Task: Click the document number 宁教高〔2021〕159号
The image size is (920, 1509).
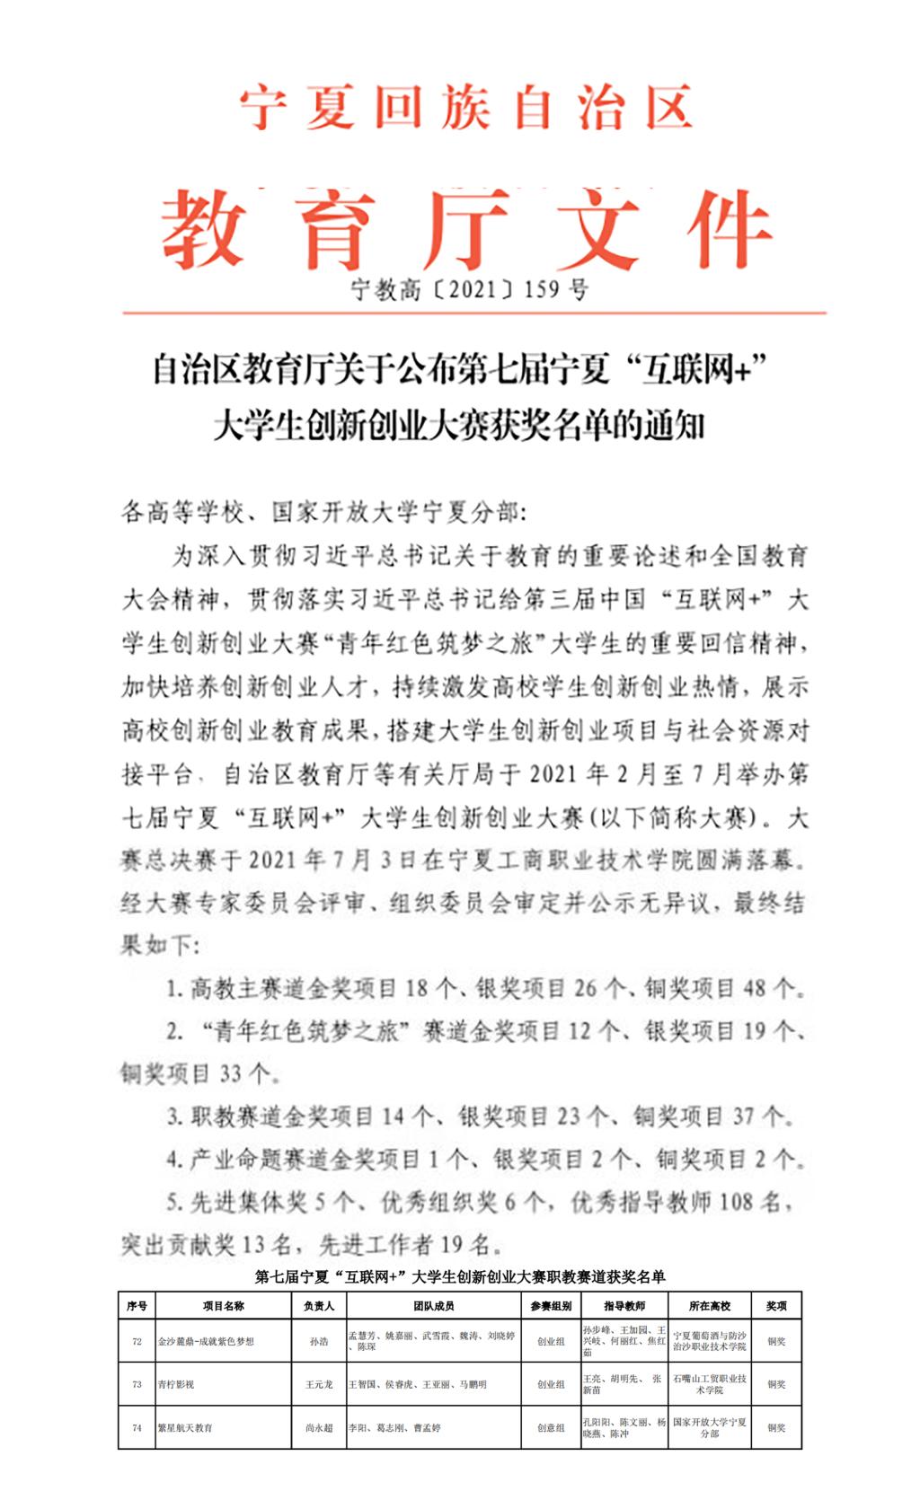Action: point(470,289)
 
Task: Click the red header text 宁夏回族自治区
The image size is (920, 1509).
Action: point(466,110)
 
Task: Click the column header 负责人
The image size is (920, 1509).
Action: point(319,1306)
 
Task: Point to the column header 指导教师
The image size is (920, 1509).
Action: point(624,1306)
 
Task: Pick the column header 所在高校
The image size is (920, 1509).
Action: point(710,1306)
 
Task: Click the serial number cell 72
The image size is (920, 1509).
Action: point(137,1341)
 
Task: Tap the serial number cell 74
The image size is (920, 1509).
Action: point(137,1427)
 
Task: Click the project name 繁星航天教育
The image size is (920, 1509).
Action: point(185,1427)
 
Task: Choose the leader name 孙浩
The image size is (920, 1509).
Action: point(319,1341)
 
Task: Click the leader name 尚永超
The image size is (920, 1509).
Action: point(319,1427)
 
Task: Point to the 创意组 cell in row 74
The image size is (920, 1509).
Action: point(551,1427)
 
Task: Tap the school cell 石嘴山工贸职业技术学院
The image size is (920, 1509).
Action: point(710,1384)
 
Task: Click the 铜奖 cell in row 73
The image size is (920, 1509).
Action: point(776,1384)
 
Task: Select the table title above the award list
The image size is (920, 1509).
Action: point(460,1276)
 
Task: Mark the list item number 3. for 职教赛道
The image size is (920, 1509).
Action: point(174,1117)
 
